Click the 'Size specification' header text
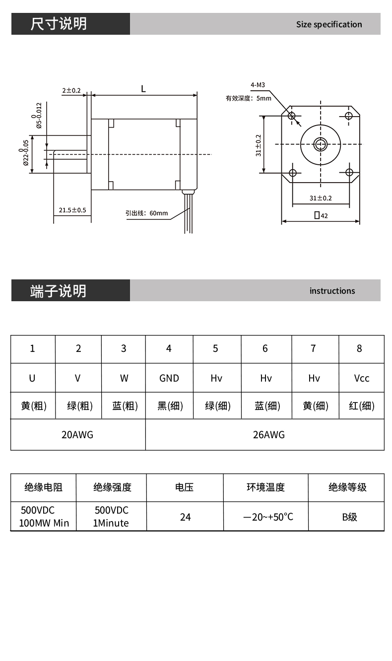329,24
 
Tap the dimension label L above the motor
143,89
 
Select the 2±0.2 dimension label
71,90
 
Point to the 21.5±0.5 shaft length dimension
72,210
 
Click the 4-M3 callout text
258,85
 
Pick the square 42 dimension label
321,215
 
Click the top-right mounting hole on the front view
349,116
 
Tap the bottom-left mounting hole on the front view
293,173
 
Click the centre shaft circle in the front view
321,144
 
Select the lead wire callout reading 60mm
146,213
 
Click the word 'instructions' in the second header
332,291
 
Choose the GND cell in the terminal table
169,378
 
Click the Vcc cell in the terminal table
362,378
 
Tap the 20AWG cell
78,435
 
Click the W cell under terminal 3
124,378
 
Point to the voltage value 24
185,517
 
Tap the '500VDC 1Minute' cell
111,517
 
